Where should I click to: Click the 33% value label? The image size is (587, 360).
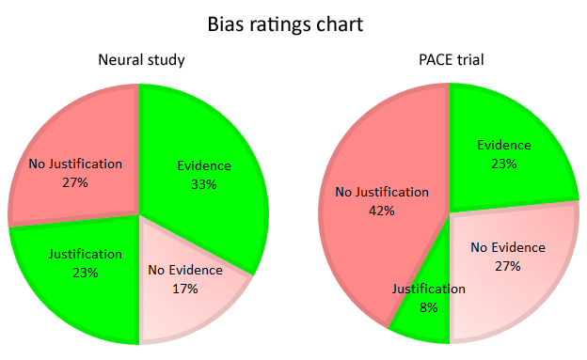point(202,184)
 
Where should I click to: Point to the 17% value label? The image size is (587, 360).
point(185,289)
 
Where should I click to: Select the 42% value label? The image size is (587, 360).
point(383,211)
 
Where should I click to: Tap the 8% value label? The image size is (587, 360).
point(429,307)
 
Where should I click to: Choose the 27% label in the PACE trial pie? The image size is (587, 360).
point(507,266)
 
